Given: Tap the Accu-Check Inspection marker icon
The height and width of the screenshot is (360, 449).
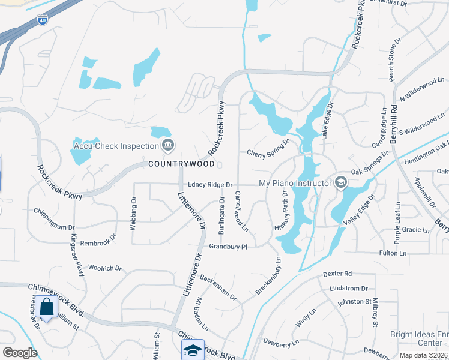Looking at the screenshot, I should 168,145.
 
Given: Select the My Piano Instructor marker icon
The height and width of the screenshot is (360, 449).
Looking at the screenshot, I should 341,182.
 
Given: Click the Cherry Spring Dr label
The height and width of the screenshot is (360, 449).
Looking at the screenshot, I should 268,148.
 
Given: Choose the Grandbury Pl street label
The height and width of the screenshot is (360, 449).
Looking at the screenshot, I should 228,247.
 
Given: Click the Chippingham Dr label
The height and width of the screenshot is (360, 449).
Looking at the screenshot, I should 54,220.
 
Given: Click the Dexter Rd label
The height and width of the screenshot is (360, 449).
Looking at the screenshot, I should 337,274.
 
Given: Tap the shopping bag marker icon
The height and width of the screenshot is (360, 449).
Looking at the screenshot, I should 46,307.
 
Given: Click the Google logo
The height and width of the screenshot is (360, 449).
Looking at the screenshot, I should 20,353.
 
